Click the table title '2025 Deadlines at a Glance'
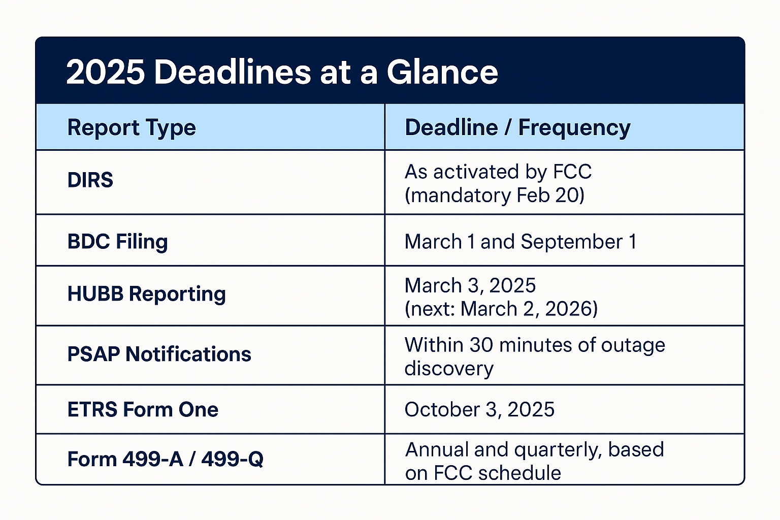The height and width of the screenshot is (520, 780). (x=282, y=72)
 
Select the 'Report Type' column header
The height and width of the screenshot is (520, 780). (x=132, y=127)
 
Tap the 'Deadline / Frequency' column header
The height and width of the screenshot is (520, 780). (x=517, y=127)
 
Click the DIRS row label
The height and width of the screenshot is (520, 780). (x=90, y=180)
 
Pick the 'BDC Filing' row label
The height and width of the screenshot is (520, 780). (x=117, y=242)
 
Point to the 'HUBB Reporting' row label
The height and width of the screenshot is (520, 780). (x=146, y=294)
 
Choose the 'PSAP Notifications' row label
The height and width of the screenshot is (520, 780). (x=159, y=354)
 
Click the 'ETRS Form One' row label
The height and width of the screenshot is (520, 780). (x=143, y=409)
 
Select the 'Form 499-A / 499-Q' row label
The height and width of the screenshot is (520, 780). (x=165, y=459)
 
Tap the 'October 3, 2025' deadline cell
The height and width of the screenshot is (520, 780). (x=479, y=409)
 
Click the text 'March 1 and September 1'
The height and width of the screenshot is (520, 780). (x=520, y=242)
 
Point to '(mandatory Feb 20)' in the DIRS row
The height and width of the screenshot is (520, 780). (x=494, y=196)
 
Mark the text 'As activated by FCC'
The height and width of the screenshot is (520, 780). (x=498, y=172)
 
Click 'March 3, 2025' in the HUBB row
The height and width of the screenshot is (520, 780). (x=470, y=285)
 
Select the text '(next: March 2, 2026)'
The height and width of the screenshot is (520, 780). (x=501, y=309)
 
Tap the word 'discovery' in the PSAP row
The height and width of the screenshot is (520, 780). (x=448, y=369)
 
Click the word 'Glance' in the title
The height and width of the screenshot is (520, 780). (x=442, y=72)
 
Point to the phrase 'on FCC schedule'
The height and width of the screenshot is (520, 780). (x=482, y=473)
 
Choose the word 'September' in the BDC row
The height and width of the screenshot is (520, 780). (x=571, y=242)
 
